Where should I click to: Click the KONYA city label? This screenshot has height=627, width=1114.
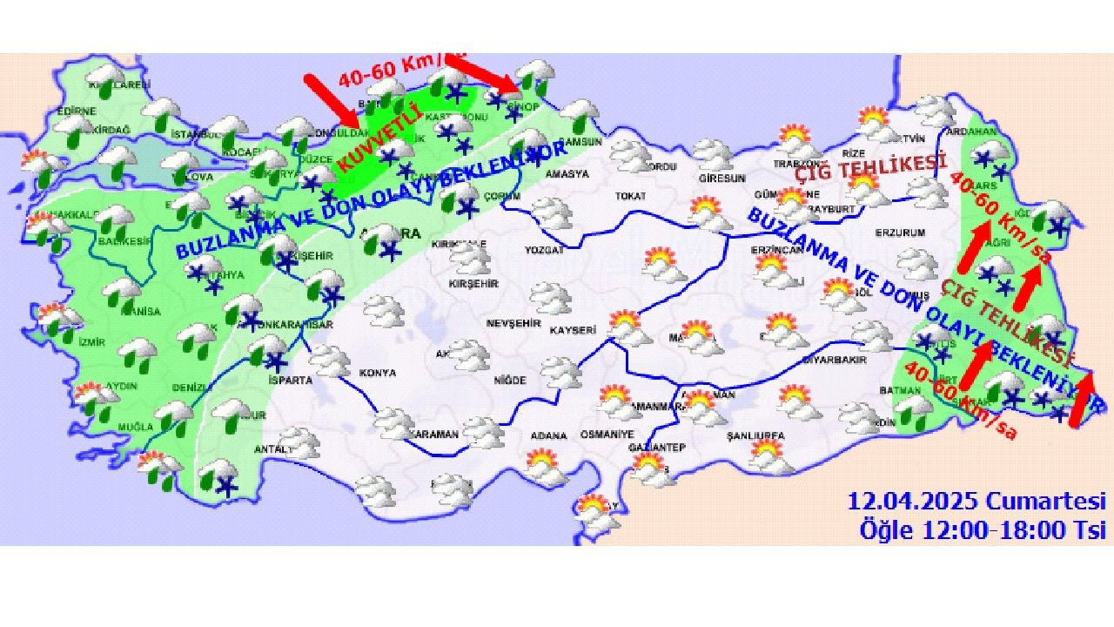pyautogui.click(x=377, y=373)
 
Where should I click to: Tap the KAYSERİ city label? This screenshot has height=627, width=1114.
pyautogui.click(x=573, y=331)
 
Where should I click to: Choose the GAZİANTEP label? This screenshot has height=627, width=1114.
pyautogui.click(x=657, y=448)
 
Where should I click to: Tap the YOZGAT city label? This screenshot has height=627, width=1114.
pyautogui.click(x=545, y=249)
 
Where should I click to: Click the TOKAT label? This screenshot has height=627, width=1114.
pyautogui.click(x=630, y=196)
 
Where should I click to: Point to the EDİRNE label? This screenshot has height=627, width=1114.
pyautogui.click(x=76, y=111)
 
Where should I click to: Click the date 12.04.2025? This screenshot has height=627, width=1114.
pyautogui.click(x=914, y=502)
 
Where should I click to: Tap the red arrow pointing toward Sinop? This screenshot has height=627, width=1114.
pyautogui.click(x=484, y=73)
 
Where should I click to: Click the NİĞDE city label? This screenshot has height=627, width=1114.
pyautogui.click(x=510, y=381)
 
